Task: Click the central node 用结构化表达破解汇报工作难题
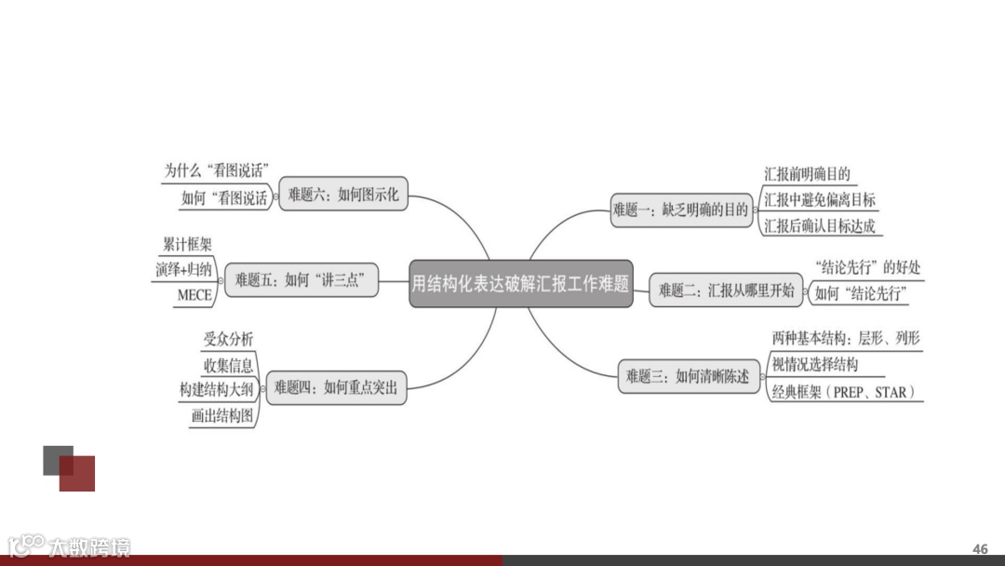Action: tap(520, 284)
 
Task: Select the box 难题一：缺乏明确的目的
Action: tap(681, 210)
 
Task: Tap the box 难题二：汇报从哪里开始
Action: tap(727, 290)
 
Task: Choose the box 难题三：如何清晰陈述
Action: tap(687, 376)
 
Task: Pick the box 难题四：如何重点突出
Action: tap(335, 387)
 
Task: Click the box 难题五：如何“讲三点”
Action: tap(301, 278)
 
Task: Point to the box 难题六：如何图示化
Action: tap(342, 195)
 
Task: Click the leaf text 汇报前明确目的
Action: tap(807, 174)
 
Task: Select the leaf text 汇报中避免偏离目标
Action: tap(819, 200)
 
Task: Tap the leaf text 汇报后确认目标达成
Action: tap(819, 226)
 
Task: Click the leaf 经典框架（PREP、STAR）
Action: tap(842, 392)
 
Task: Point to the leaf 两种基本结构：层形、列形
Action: tap(846, 338)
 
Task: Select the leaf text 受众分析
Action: tap(228, 339)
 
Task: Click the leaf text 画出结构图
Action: tap(221, 416)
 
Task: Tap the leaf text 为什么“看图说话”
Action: tap(216, 170)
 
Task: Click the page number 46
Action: tap(980, 549)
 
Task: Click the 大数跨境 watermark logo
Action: tap(69, 546)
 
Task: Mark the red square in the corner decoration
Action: tap(78, 474)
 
